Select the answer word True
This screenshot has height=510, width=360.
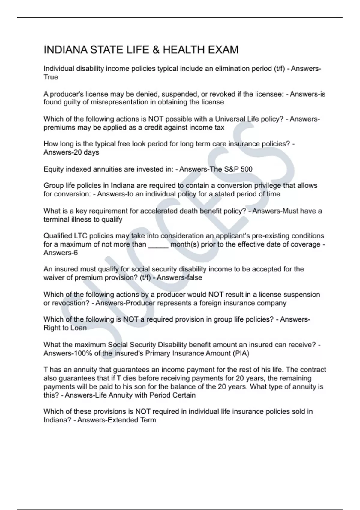tap(51, 77)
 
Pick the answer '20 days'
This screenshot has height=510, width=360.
tap(86, 152)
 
